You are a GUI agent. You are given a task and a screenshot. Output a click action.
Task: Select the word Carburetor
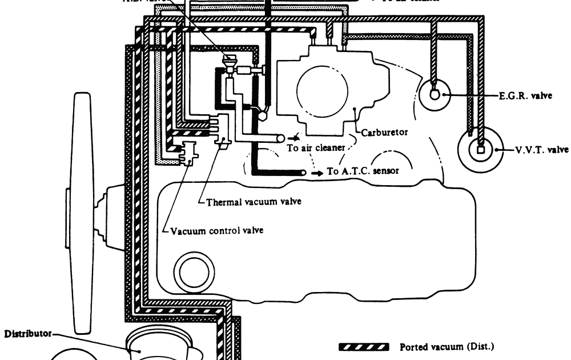[x=384, y=133]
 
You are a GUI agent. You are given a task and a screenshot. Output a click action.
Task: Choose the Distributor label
[x=28, y=333]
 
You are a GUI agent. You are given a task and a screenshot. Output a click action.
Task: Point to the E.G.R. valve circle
[x=433, y=94]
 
